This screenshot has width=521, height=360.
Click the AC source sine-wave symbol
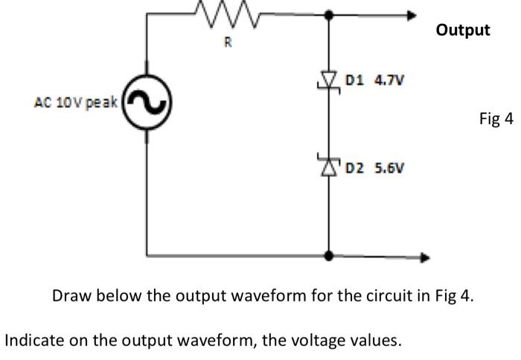click(147, 103)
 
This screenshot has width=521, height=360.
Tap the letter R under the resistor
click(228, 42)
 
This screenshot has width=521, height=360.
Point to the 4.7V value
click(387, 80)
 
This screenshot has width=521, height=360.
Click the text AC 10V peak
click(75, 103)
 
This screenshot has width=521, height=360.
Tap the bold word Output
click(463, 30)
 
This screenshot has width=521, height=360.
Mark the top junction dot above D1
click(328, 13)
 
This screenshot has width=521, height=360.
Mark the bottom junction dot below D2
click(328, 256)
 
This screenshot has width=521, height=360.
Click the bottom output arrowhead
click(425, 257)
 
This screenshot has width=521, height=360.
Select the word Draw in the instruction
click(70, 296)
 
